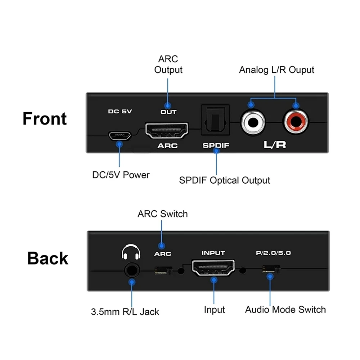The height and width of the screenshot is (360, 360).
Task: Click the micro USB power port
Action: (120, 136)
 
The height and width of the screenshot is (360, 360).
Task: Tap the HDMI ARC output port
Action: (167, 130)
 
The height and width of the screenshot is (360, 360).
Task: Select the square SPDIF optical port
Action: (215, 120)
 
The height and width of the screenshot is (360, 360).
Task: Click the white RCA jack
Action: (253, 122)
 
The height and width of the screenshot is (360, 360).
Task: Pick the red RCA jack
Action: (296, 122)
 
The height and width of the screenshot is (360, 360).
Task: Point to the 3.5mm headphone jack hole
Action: (132, 270)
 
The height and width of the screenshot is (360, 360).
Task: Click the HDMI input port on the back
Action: (213, 268)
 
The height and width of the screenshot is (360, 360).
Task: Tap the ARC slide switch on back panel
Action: (163, 270)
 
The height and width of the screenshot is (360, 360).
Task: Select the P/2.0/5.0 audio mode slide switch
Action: (271, 269)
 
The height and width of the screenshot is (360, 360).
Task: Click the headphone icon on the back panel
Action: (131, 252)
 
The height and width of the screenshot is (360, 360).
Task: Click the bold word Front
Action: (45, 119)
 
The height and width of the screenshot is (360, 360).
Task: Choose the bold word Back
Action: (48, 258)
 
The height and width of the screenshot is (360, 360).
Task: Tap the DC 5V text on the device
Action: (120, 111)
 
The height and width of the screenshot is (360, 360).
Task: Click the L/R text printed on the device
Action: (275, 145)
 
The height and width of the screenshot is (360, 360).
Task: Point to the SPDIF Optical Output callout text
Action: (225, 180)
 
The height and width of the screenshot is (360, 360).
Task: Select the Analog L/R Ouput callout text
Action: (276, 70)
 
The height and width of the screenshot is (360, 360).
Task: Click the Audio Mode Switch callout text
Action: (285, 310)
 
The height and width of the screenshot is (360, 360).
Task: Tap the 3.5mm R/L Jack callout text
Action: (125, 312)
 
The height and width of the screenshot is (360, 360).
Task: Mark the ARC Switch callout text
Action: (163, 214)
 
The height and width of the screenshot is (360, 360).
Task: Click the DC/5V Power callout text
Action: (121, 175)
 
